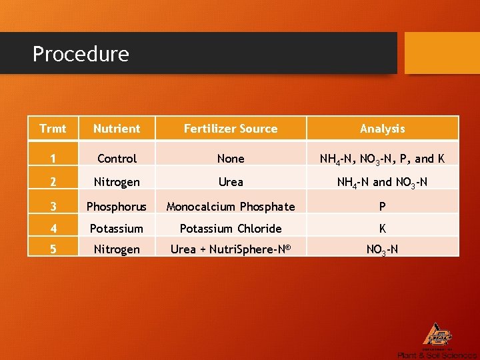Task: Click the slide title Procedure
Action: [81, 53]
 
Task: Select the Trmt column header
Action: [53, 129]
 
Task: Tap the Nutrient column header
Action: [117, 129]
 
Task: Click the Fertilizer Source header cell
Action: [231, 129]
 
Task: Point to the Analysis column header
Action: [382, 129]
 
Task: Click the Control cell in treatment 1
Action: [117, 159]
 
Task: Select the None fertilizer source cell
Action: [231, 159]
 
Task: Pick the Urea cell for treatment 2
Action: [231, 182]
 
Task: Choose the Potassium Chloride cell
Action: [231, 229]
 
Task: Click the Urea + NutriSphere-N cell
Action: [231, 249]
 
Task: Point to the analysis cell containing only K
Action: [382, 229]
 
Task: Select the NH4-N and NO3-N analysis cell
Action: [382, 182]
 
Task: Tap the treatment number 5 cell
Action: [53, 249]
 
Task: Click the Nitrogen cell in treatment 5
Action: [117, 249]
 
